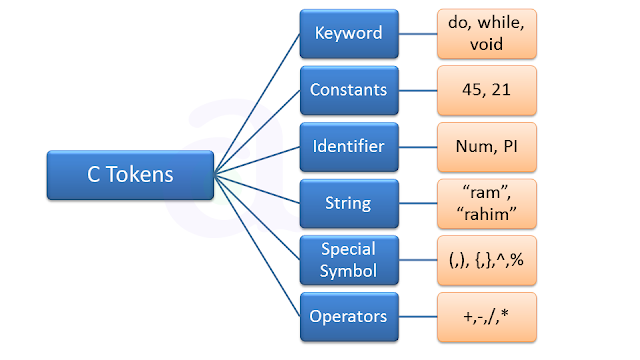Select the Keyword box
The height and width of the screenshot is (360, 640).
(348, 33)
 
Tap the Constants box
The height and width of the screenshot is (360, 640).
(348, 90)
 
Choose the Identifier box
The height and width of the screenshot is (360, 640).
(348, 147)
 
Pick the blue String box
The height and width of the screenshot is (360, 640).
(348, 204)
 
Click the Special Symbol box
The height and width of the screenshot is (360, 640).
(348, 260)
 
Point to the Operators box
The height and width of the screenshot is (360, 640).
(348, 317)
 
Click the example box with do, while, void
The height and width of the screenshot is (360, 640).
(486, 33)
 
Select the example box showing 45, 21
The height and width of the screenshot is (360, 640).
(486, 90)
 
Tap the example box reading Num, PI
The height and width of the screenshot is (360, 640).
(486, 147)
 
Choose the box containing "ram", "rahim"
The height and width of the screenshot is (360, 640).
(486, 204)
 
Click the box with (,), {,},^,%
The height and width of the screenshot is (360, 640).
(486, 260)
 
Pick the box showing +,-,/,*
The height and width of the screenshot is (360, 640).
(486, 317)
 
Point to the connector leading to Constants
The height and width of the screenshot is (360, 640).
(257, 132)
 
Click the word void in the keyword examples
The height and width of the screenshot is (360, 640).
(486, 44)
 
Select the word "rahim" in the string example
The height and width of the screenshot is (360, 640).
(486, 215)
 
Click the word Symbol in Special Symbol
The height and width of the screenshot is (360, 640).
(348, 271)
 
